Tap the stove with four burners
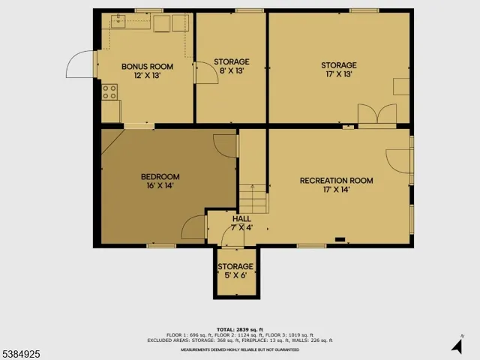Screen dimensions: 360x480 pos(109,92)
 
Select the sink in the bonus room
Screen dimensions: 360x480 pos(118,19)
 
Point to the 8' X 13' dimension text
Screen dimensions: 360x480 pos(231,71)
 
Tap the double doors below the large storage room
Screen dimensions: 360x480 pos(376,115)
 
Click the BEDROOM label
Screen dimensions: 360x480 pos(160,177)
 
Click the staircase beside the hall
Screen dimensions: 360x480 pos(253,199)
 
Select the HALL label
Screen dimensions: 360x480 pos(241,218)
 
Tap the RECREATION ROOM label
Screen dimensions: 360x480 pos(336,180)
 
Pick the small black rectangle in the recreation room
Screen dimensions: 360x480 pos(340,240)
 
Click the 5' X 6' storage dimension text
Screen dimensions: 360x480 pos(235,275)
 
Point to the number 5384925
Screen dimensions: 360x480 pos(22,350)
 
